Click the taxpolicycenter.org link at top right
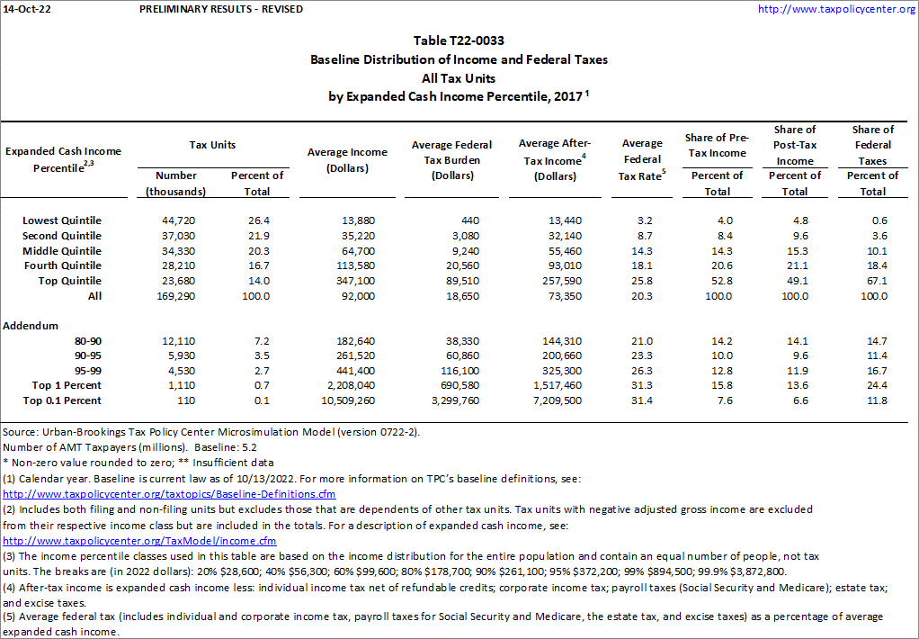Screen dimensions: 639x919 click(x=836, y=9)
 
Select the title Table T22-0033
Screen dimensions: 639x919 click(x=459, y=41)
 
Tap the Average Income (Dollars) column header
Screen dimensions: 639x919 click(x=346, y=159)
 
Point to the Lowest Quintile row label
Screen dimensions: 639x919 click(x=62, y=220)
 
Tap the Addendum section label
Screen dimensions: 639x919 click(x=31, y=325)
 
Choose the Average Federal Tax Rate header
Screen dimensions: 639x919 click(x=642, y=159)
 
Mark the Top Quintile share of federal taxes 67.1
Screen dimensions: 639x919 click(x=872, y=281)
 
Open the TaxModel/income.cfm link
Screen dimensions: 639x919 click(x=139, y=541)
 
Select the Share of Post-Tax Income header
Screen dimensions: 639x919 click(x=794, y=145)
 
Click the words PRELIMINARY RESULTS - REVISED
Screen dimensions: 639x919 click(x=221, y=9)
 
